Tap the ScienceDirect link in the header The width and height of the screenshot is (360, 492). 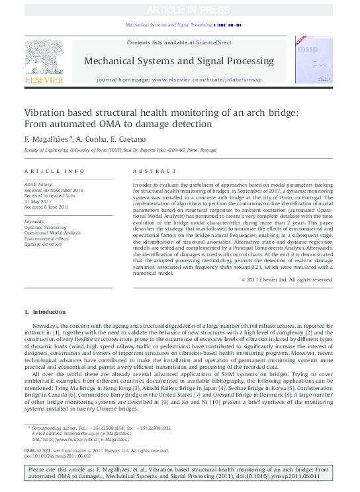coord(214,42)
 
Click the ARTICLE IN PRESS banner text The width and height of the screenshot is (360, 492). coord(180,10)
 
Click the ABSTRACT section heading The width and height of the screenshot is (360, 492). coord(150,171)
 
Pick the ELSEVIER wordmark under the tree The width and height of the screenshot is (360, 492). coord(44,79)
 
